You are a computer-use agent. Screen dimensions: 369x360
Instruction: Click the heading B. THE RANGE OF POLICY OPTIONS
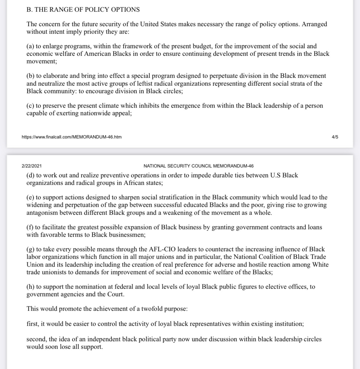pos(83,10)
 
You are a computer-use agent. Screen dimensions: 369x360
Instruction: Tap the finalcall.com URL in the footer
pos(72,137)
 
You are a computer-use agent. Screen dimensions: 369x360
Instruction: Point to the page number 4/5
pos(335,137)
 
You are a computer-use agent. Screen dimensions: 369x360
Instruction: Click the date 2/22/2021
pos(32,166)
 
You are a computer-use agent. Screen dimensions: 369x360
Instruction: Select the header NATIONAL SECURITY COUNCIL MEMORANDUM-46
pos(199,166)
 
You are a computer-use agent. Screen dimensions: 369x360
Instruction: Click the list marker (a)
pos(30,46)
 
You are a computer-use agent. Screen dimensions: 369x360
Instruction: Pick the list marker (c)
pos(30,106)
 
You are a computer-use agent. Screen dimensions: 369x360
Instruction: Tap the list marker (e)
pos(30,198)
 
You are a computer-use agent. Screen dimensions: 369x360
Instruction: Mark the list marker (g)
pos(30,249)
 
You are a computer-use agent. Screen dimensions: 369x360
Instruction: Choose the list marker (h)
pos(30,287)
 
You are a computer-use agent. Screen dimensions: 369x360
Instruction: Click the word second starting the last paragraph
pos(37,339)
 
